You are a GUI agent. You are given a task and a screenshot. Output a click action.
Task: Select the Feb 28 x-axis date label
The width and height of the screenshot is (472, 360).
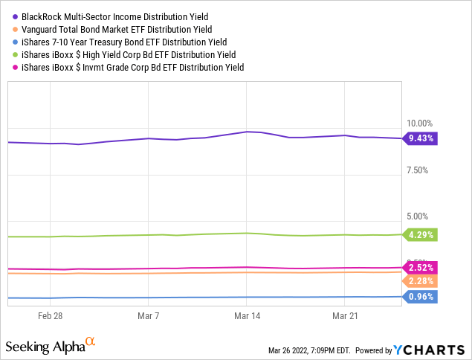50,316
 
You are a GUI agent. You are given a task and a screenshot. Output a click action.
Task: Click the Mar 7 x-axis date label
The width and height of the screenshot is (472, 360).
148,316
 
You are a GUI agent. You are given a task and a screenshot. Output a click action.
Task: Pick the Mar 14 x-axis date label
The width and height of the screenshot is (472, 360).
246,316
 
